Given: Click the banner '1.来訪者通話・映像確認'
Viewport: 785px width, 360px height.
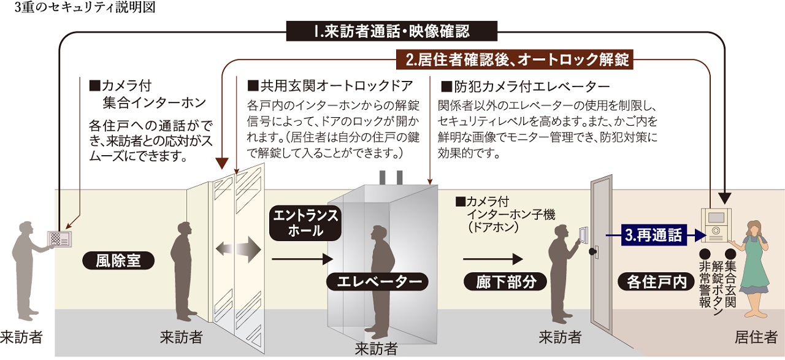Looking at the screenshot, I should pos(391,31).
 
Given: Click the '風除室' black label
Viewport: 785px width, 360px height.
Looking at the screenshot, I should pos(118,260).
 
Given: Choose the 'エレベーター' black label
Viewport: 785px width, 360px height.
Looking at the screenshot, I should pos(374,281).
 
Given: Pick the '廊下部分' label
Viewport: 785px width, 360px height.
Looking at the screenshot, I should pos(506,281).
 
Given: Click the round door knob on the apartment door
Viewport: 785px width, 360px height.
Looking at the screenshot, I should pos(593,251).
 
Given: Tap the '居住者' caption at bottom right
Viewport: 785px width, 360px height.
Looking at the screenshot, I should pos(756,337).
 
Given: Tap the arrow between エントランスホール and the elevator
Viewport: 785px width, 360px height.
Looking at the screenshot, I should pos(302,259).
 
